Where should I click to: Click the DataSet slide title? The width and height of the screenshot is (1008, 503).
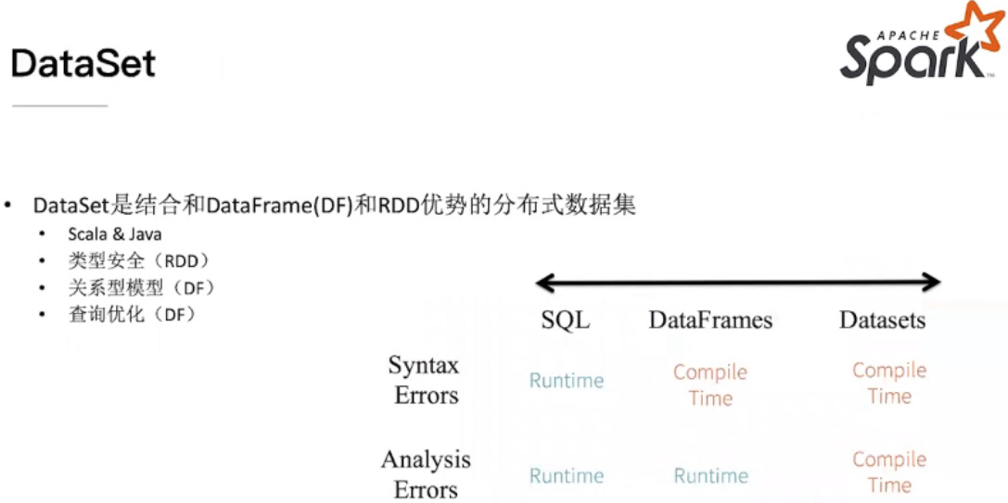tap(83, 63)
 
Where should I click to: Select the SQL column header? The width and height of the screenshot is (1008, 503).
tap(565, 321)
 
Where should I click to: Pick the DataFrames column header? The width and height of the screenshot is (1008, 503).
tap(710, 321)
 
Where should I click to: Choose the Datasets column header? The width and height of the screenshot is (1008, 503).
tap(882, 321)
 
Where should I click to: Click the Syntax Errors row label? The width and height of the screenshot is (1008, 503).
tap(425, 380)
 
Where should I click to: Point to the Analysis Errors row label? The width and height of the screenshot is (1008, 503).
tap(426, 474)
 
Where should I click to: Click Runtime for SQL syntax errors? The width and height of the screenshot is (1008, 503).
tap(566, 381)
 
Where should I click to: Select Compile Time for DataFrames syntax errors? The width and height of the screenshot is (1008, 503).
tap(710, 384)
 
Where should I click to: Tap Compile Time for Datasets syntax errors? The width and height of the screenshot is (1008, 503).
tap(889, 383)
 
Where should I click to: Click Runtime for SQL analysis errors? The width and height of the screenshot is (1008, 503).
tap(566, 476)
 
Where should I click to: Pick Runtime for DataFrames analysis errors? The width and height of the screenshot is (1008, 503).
tap(710, 476)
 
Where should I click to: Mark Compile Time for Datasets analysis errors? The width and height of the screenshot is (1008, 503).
tap(889, 472)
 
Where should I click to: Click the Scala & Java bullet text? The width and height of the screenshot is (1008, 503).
tap(114, 234)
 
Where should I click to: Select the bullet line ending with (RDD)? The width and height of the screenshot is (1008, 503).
tap(139, 261)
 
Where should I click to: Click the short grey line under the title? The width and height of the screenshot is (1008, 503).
tap(59, 106)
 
